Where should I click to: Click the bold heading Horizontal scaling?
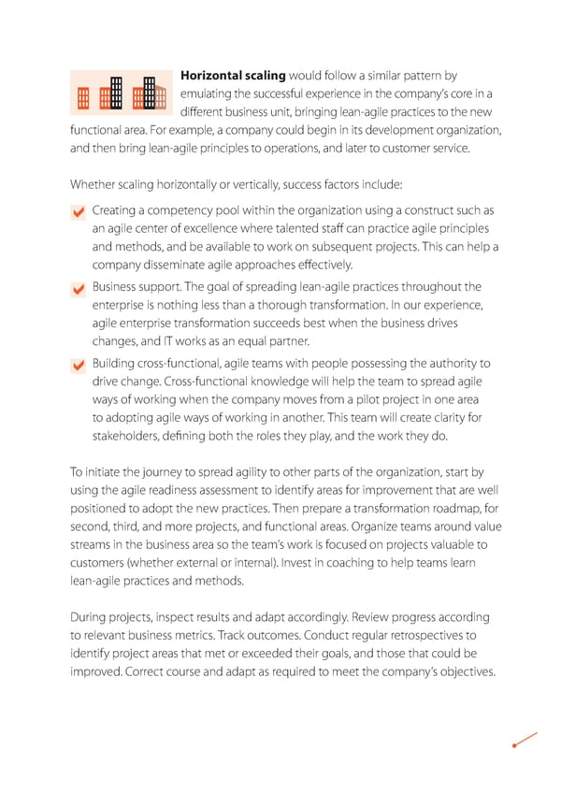pos(233,74)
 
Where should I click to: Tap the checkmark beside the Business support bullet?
pos(79,290)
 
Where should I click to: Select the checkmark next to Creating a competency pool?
pos(79,214)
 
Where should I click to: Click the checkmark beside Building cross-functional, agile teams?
pos(79,366)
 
